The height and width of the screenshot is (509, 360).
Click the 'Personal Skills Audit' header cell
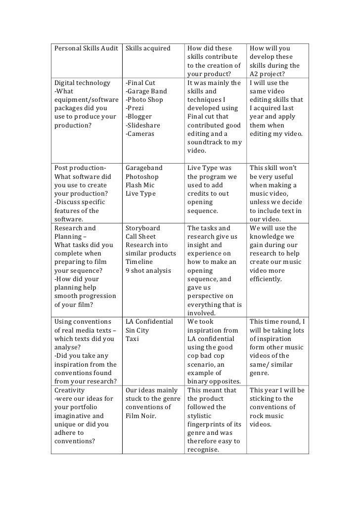pyautogui.click(x=86, y=48)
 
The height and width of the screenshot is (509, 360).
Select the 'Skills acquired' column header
pyautogui.click(x=148, y=48)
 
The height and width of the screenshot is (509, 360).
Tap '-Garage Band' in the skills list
pyautogui.click(x=146, y=91)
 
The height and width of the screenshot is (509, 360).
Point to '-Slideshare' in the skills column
pyautogui.click(x=144, y=126)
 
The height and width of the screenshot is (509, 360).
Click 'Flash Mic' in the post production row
pyautogui.click(x=140, y=185)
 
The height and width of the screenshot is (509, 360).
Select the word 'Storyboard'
pyautogui.click(x=143, y=228)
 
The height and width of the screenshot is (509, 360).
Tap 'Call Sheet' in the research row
pyautogui.click(x=140, y=237)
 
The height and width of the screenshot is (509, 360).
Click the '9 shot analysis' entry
pyautogui.click(x=148, y=271)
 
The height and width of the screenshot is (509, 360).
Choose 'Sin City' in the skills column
pyautogui.click(x=137, y=331)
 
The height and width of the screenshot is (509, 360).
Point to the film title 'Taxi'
pyautogui.click(x=132, y=339)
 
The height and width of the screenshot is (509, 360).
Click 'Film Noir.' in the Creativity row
pyautogui.click(x=141, y=416)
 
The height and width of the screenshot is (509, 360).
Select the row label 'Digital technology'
pyautogui.click(x=81, y=83)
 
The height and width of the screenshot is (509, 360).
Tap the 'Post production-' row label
pyautogui.click(x=80, y=169)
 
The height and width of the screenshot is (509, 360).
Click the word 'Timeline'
pyautogui.click(x=139, y=262)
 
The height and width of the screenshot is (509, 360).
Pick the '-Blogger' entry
pyautogui.click(x=138, y=117)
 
